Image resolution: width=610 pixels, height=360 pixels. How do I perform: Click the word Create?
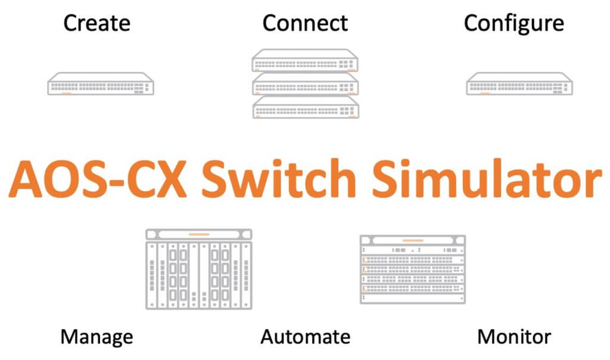tap(97, 23)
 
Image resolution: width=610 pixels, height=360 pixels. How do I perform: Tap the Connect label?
tap(305, 23)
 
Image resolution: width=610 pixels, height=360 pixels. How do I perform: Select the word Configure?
tap(513, 23)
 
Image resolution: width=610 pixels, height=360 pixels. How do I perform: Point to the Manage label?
tap(97, 337)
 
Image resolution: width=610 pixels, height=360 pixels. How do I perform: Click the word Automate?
tap(305, 337)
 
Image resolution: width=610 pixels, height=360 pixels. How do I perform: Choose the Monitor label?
tap(514, 337)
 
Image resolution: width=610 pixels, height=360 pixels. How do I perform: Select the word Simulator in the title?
tap(477, 178)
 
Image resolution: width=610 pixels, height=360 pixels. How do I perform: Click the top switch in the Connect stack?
tap(305, 61)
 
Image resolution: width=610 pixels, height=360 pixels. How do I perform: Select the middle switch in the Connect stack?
tap(305, 84)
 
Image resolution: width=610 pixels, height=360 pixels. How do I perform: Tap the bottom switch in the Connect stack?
tap(305, 107)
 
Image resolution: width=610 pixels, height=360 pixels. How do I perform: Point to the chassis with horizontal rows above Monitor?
tap(413, 269)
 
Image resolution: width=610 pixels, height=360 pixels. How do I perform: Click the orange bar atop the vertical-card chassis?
tap(199, 234)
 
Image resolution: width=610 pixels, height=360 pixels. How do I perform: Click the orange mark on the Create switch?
tap(67, 93)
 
